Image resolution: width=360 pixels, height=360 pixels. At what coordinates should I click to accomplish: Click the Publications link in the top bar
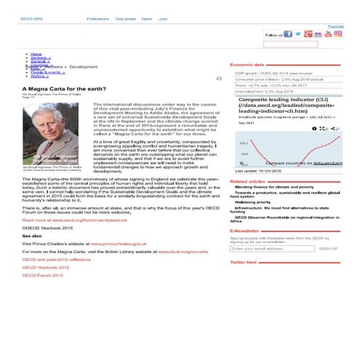(98, 18)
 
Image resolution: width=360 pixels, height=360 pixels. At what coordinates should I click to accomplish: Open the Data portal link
(127, 18)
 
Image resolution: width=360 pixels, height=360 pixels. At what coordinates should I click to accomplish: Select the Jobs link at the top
(163, 18)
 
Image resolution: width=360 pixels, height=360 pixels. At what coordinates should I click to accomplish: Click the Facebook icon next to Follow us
(288, 33)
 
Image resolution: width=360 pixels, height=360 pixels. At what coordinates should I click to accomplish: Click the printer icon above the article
(219, 78)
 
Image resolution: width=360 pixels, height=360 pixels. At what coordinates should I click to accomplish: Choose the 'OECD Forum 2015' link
(44, 276)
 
